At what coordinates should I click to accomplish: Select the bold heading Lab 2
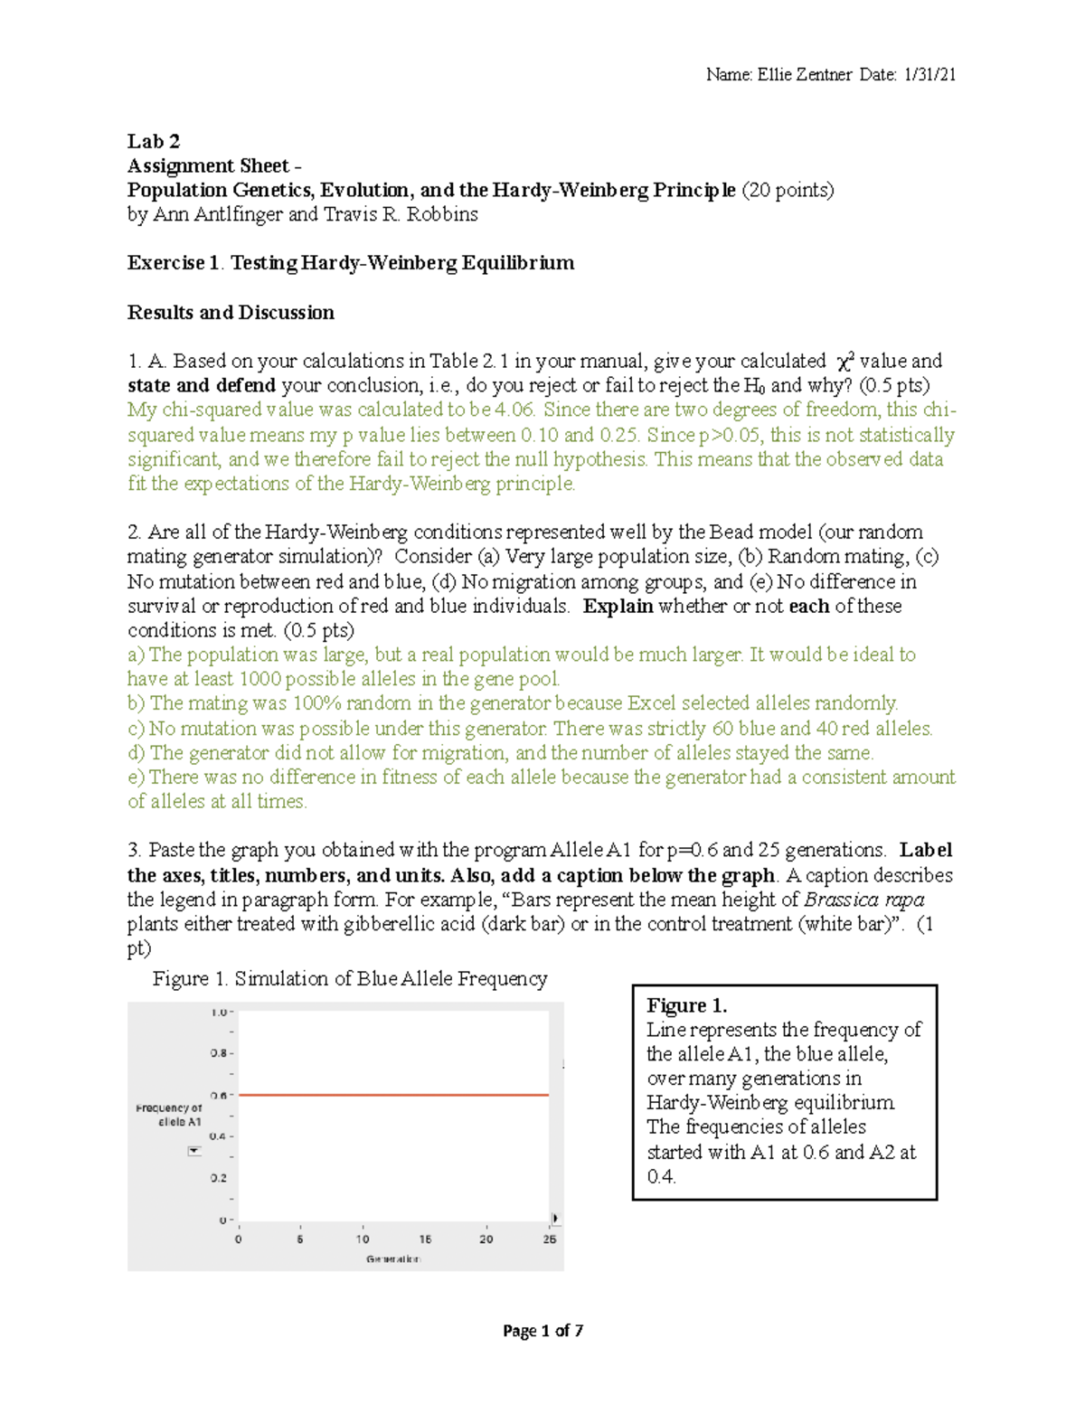pos(154,141)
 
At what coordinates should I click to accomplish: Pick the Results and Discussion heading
pos(231,313)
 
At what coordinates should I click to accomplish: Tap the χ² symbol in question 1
pos(845,361)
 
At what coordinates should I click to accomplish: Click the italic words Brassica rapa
pos(863,900)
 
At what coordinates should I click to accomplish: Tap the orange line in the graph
pos(393,1095)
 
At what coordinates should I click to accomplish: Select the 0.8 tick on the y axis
pos(219,1053)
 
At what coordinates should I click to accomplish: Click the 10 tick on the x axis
pos(363,1239)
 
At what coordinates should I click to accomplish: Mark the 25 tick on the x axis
pos(549,1239)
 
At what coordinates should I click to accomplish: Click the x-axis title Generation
pos(392,1259)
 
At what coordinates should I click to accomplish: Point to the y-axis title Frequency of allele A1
pos(169,1115)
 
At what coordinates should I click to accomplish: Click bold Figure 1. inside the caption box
pos(687,1005)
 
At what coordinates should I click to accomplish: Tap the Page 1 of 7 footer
pos(542,1331)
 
